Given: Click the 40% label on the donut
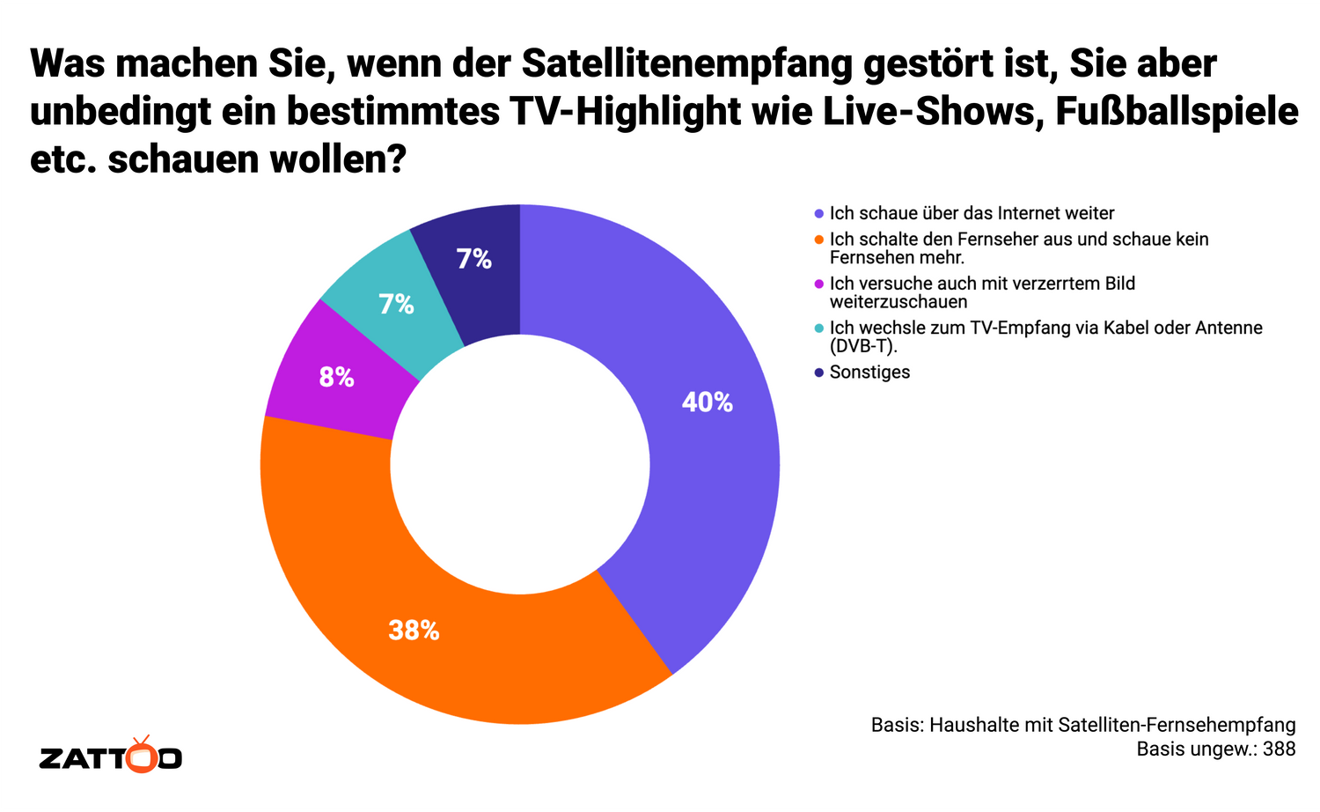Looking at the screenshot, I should [707, 402].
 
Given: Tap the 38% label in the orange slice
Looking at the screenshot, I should [414, 631].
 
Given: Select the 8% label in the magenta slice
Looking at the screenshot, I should [336, 378].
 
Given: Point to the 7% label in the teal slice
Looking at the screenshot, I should [396, 305].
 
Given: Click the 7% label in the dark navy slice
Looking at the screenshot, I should [473, 259].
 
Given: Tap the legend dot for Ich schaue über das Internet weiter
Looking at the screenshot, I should [819, 214].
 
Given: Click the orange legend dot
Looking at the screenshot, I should [819, 240].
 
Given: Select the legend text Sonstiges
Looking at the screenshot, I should [869, 373].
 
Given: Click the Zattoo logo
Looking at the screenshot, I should [111, 757].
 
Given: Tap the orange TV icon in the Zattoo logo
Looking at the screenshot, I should [141, 755].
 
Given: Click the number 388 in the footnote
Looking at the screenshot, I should [1279, 749].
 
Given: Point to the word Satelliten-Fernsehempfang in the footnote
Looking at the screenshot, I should [1177, 725].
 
